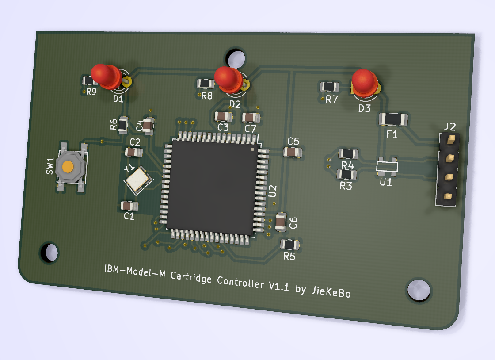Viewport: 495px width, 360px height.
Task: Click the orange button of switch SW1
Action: pyautogui.click(x=68, y=167)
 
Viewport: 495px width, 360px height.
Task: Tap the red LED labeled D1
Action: pyautogui.click(x=105, y=75)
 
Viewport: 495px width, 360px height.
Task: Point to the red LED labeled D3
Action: pyautogui.click(x=364, y=82)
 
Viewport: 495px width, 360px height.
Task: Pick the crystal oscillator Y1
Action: pyautogui.click(x=137, y=180)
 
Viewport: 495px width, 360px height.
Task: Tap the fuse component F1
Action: pyautogui.click(x=393, y=119)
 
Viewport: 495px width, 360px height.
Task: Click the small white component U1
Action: pyautogui.click(x=387, y=166)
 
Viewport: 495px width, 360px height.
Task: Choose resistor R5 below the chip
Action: pyautogui.click(x=289, y=245)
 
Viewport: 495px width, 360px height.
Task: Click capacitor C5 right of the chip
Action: pyautogui.click(x=293, y=152)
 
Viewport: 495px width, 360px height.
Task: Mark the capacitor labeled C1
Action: pyautogui.click(x=129, y=206)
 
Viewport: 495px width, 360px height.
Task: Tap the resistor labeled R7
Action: pyautogui.click(x=330, y=87)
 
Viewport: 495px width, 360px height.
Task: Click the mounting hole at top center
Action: pyautogui.click(x=236, y=57)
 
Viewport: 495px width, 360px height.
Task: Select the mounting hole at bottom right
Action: pyautogui.click(x=418, y=290)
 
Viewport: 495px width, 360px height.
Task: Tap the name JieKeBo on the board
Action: pyautogui.click(x=331, y=291)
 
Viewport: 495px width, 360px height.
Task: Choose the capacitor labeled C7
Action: pyautogui.click(x=251, y=118)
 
